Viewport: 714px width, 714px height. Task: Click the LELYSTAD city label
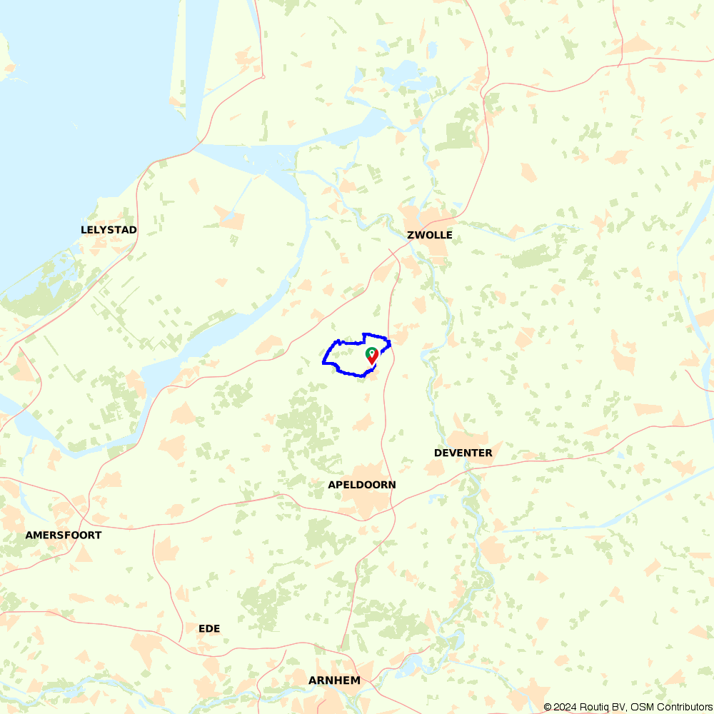point(109,230)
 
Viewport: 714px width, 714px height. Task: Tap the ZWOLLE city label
point(429,235)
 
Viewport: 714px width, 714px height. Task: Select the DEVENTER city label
point(463,453)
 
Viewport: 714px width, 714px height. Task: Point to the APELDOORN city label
point(361,485)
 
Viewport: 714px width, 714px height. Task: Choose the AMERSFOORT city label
point(63,535)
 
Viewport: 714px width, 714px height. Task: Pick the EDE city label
point(209,628)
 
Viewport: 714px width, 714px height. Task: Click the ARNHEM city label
point(334,680)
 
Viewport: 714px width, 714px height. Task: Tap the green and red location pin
point(372,356)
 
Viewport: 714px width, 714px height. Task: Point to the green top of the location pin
point(372,353)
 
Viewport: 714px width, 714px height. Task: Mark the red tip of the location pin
point(372,363)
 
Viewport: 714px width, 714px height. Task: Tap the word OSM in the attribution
point(640,707)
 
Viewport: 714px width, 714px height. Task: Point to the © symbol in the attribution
point(547,707)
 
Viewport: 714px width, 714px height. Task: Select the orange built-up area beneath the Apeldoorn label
point(368,503)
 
